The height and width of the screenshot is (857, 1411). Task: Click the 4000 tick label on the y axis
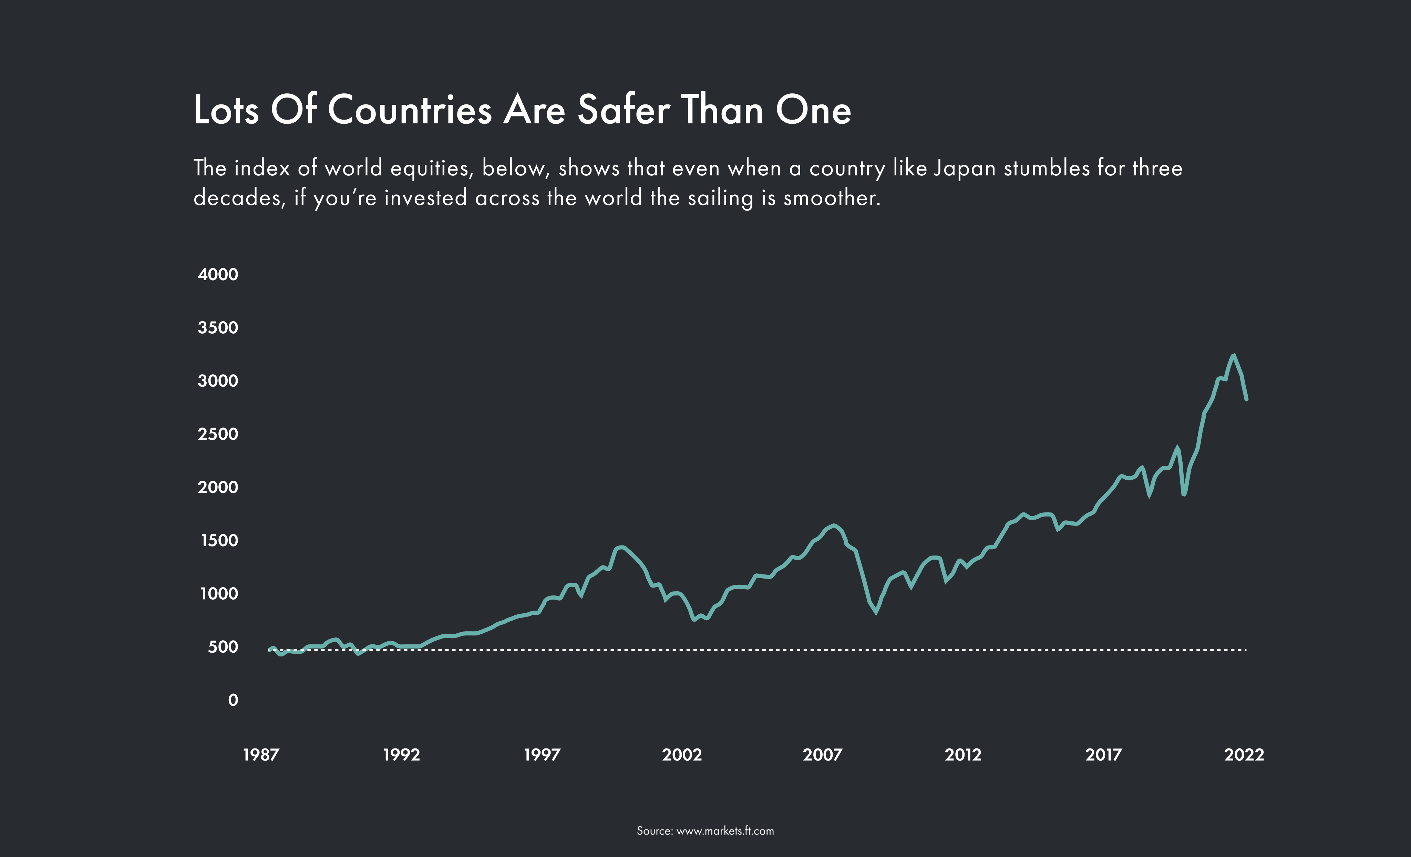click(x=218, y=274)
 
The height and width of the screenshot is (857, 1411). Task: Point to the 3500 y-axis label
click(x=218, y=328)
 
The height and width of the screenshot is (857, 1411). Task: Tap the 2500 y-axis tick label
click(x=218, y=434)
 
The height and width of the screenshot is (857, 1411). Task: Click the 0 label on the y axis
click(x=233, y=700)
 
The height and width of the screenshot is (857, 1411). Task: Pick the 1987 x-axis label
click(x=260, y=754)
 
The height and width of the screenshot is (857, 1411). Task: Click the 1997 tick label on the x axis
click(x=542, y=754)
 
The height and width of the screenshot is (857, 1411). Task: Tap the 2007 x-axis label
click(x=822, y=754)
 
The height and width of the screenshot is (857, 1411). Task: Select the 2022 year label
click(x=1244, y=754)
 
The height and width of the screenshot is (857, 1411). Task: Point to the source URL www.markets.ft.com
click(x=725, y=831)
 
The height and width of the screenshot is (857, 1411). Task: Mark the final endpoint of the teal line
click(x=1247, y=399)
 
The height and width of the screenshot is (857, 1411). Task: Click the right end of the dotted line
click(x=1246, y=650)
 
